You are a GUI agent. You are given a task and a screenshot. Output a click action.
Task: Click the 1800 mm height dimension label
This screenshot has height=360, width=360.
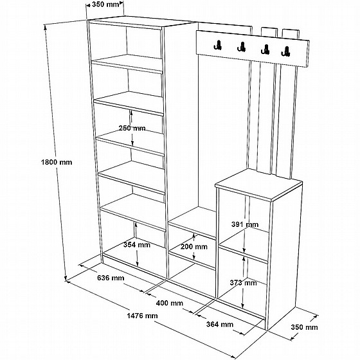click(x=57, y=162)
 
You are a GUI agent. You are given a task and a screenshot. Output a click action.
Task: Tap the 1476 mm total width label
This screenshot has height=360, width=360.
click(x=142, y=316)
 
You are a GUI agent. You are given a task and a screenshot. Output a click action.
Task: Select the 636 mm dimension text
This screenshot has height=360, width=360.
click(x=111, y=278)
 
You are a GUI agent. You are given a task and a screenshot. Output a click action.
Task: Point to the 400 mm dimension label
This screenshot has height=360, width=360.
click(x=170, y=303)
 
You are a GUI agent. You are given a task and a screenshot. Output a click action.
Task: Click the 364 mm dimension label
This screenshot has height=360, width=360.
click(x=220, y=325)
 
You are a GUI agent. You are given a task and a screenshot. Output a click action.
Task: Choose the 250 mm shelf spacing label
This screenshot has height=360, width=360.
click(x=132, y=128)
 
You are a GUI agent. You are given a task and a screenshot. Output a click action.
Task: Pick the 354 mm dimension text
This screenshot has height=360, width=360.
click(x=136, y=245)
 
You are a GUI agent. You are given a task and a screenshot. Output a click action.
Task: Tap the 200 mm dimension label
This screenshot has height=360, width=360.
click(x=194, y=247)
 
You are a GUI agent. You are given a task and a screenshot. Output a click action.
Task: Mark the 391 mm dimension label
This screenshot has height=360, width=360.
click(x=245, y=224)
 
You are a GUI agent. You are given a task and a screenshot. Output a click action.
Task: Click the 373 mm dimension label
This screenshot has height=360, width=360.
click(x=243, y=283)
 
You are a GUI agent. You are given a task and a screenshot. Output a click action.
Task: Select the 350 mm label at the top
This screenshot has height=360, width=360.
click(x=105, y=4)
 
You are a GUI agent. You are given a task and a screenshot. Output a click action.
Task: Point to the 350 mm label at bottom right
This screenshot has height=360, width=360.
click(x=305, y=327)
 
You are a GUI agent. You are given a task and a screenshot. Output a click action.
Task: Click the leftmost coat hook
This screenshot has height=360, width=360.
click(x=218, y=45)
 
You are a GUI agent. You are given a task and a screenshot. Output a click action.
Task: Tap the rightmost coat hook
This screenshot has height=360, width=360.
click(x=285, y=51)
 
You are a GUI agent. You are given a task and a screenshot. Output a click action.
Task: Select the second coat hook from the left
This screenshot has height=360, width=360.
click(x=241, y=47)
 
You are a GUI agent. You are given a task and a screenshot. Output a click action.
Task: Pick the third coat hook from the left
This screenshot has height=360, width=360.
click(x=265, y=50)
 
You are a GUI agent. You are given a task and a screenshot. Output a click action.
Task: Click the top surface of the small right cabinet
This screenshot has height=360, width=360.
click(x=258, y=183)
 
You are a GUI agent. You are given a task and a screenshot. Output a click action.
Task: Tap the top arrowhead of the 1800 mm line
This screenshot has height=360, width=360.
click(x=45, y=28)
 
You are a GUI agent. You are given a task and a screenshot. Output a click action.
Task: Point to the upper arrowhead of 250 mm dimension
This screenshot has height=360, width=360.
click(x=131, y=113)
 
